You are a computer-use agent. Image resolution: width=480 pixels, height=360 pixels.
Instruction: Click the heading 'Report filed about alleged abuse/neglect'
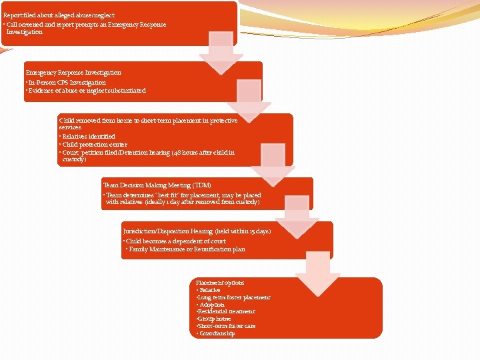[59, 15]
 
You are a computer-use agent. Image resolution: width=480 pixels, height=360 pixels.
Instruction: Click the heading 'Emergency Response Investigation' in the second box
[73, 72]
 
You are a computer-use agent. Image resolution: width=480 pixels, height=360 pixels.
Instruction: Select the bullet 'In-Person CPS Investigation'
[66, 82]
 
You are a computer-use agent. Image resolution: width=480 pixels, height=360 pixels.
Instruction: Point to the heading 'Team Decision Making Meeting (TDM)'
[157, 185]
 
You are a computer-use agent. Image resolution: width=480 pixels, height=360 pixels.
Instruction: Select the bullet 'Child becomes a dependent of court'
[175, 241]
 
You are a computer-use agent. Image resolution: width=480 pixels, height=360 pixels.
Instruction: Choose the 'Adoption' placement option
[211, 305]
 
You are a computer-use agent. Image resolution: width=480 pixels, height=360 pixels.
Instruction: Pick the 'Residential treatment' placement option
[226, 311]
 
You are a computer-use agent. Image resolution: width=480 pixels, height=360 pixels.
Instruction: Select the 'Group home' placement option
[214, 319]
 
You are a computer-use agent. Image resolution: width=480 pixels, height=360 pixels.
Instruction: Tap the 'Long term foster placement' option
[233, 297]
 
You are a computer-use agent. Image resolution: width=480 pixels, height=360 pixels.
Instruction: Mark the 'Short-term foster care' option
[226, 326]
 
